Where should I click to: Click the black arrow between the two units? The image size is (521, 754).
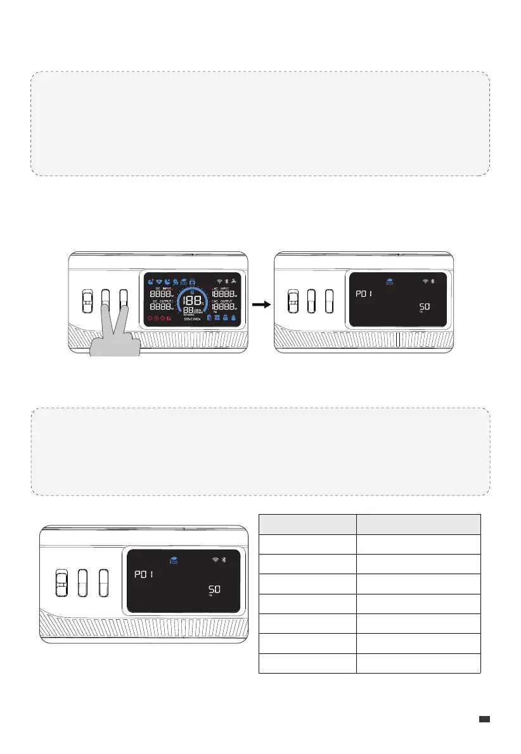coord(260,305)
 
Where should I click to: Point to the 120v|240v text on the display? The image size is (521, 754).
coord(192,318)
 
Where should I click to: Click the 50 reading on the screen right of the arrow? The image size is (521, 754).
coord(423,306)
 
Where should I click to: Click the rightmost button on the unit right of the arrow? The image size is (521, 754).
coord(328,301)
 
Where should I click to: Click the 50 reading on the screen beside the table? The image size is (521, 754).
coord(215,589)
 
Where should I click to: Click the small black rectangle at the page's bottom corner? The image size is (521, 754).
coord(485,719)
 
